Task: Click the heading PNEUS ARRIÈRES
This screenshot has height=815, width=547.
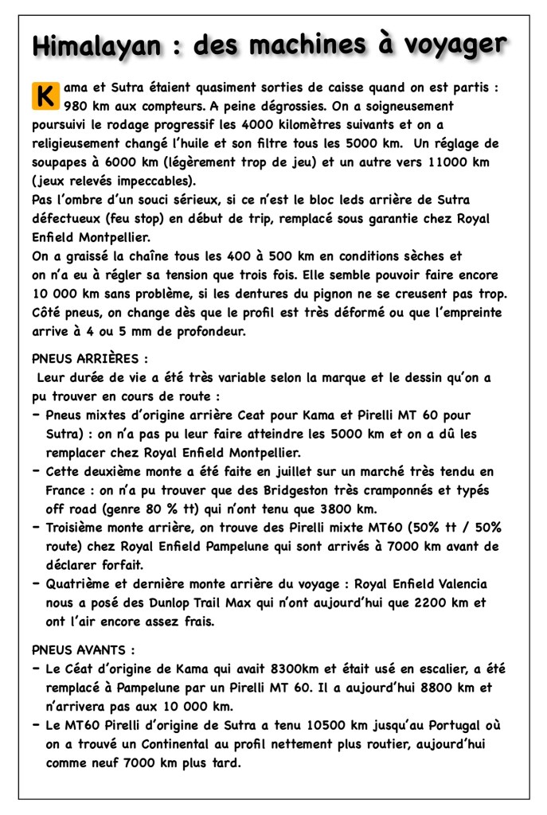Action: tap(89, 359)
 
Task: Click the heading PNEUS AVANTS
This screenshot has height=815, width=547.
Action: tap(83, 649)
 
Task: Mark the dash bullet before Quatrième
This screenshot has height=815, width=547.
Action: tap(37, 584)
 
